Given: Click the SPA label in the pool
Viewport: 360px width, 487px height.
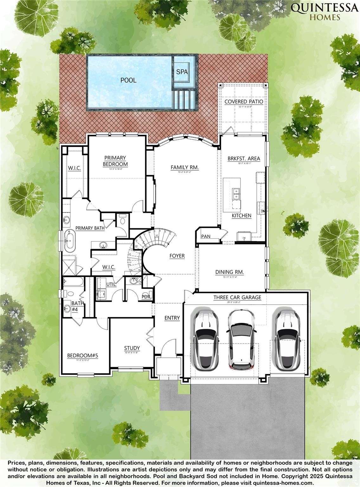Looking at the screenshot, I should pyautogui.click(x=182, y=72).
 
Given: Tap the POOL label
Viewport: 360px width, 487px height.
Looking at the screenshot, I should pyautogui.click(x=128, y=80).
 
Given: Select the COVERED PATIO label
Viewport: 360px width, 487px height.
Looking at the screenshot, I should pyautogui.click(x=244, y=101).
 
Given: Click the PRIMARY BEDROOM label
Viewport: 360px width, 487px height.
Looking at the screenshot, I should pyautogui.click(x=115, y=161).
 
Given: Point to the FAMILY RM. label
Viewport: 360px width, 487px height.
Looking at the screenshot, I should pyautogui.click(x=184, y=167).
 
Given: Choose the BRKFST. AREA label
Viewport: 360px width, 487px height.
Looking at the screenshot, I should pyautogui.click(x=244, y=159).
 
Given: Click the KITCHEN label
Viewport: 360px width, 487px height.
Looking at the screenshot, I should pyautogui.click(x=241, y=216).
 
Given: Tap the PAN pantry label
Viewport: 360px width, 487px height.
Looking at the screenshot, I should pyautogui.click(x=206, y=236).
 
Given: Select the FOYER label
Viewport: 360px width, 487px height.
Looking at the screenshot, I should pyautogui.click(x=177, y=256).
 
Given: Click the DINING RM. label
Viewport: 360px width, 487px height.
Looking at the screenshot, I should pyautogui.click(x=229, y=272).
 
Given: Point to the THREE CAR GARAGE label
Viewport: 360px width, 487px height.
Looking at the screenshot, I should pyautogui.click(x=237, y=297).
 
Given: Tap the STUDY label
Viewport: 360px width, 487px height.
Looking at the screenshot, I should pyautogui.click(x=132, y=348).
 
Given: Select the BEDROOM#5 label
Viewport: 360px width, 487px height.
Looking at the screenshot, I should pyautogui.click(x=83, y=356).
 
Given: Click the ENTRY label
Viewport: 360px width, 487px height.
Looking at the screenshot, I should pyautogui.click(x=172, y=318).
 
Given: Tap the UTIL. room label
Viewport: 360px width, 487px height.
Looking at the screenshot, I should pyautogui.click(x=111, y=284).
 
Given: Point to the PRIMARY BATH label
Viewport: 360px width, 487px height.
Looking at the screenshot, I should pyautogui.click(x=90, y=228).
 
